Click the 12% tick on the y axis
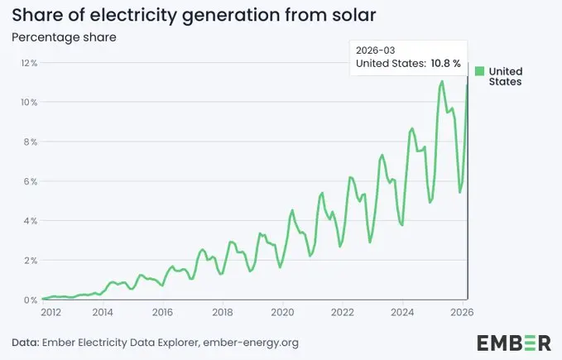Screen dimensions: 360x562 click(x=29, y=63)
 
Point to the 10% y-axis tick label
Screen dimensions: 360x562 click(x=29, y=103)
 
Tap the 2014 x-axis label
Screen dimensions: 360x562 click(x=103, y=313)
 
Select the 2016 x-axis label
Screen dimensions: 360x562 click(x=162, y=313)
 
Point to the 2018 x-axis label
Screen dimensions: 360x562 click(x=223, y=313)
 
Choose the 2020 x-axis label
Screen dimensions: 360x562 click(x=282, y=313)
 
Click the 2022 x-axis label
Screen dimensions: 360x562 click(x=343, y=313)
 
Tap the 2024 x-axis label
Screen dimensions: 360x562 click(x=402, y=313)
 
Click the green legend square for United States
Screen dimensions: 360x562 click(x=480, y=71)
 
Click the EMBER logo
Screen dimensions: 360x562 click(x=513, y=343)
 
